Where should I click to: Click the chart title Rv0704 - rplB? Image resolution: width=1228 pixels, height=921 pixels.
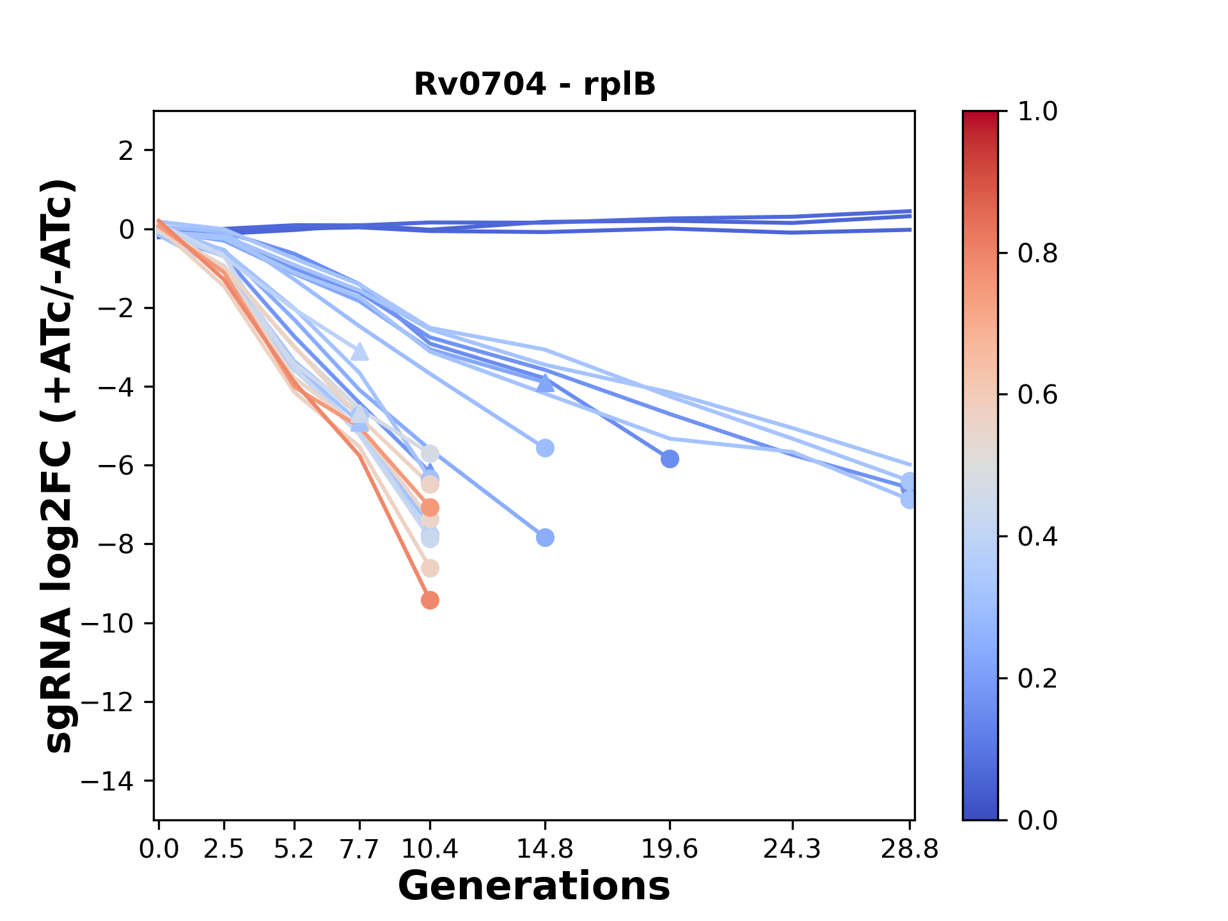(535, 84)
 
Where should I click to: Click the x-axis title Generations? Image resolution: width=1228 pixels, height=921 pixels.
(534, 886)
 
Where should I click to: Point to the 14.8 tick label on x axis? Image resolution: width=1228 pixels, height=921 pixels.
(544, 849)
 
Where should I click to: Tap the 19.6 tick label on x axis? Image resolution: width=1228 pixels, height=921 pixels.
(670, 849)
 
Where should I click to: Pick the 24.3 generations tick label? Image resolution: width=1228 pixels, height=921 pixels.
(792, 849)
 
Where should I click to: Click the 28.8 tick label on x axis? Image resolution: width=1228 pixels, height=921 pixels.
(909, 849)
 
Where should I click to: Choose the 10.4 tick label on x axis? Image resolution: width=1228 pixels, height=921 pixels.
(430, 849)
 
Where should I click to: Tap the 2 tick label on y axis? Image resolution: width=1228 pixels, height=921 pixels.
(127, 151)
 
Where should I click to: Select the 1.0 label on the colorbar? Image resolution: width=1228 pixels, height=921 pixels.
(1037, 112)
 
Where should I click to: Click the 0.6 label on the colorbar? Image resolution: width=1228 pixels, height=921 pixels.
(1037, 395)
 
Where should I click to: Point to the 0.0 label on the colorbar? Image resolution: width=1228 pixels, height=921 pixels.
(1037, 820)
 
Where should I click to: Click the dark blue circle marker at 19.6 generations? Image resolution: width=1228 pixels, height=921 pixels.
(670, 459)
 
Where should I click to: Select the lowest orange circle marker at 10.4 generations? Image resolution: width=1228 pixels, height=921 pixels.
(430, 600)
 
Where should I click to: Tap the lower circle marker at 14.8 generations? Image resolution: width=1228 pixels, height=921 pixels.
(545, 537)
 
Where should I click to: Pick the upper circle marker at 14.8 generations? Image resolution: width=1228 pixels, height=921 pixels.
(545, 448)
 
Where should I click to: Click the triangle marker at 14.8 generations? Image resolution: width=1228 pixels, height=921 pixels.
(545, 383)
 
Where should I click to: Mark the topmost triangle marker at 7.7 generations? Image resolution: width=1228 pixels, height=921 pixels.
(360, 352)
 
